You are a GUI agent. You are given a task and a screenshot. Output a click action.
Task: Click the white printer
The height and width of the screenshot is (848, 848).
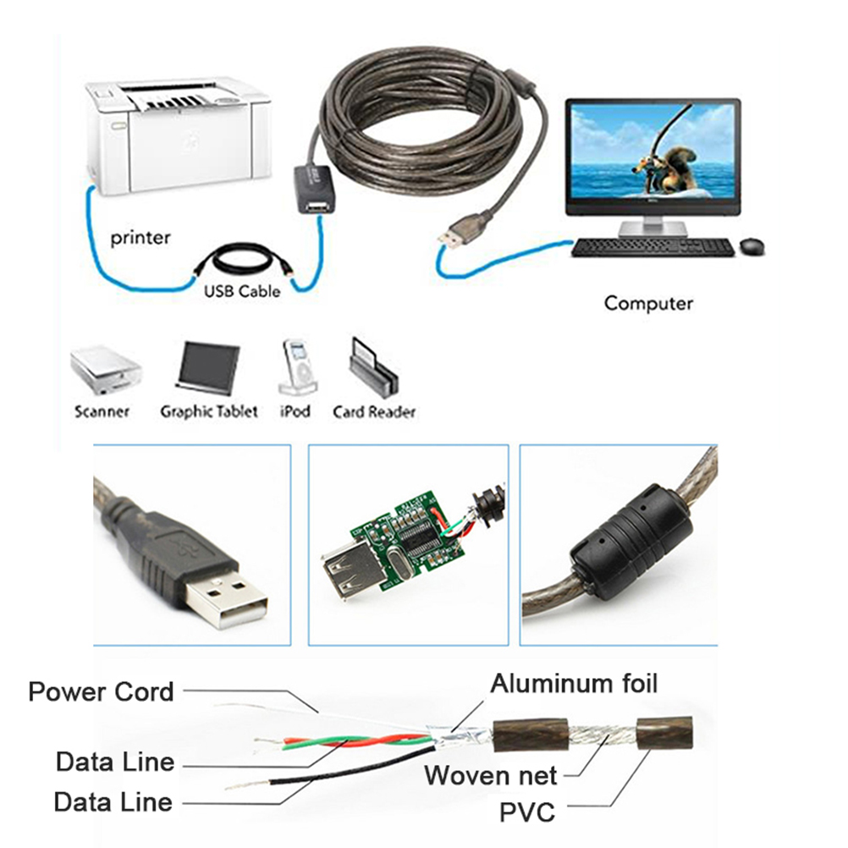[x=178, y=135]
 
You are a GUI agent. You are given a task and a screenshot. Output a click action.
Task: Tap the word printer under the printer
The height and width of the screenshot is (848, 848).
[x=140, y=238]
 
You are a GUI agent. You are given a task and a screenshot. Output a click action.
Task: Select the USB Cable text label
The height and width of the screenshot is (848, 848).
[x=241, y=291]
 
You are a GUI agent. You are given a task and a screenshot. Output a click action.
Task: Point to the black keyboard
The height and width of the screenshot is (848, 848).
[x=652, y=247]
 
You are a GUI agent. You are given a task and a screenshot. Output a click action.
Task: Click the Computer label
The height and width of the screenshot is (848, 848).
[x=648, y=303]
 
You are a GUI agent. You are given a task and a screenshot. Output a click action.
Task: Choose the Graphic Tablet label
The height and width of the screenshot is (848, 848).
[x=209, y=412]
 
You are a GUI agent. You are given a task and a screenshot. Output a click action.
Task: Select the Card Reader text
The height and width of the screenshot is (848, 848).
[x=374, y=412]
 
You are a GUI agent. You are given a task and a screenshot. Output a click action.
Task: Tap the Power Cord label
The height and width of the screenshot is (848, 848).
[x=101, y=691]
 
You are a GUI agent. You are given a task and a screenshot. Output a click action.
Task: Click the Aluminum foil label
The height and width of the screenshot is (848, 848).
[x=574, y=682]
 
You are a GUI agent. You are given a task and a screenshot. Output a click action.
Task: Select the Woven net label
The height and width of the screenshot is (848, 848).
[x=491, y=774]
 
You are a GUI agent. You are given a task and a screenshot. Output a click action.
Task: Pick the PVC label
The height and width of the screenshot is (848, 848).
[x=526, y=813]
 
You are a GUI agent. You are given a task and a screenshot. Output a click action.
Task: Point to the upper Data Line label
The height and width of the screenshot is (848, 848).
[x=115, y=761]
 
